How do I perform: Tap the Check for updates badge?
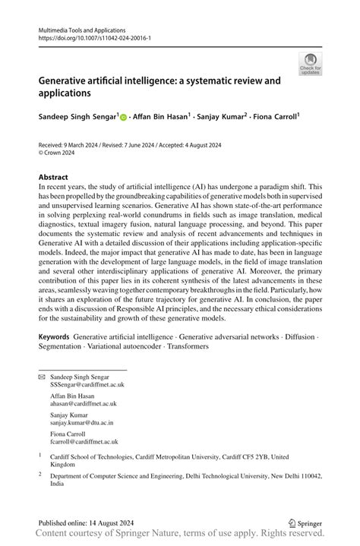coord(309,64)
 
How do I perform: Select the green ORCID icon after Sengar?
coord(124,117)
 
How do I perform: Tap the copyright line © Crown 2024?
coord(59,151)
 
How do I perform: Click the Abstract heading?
coord(53,177)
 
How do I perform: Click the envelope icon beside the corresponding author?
coord(42,377)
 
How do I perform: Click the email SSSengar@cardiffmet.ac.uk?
coord(87,385)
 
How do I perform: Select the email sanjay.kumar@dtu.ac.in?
coord(82,423)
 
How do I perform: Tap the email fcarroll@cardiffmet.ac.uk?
coord(84,441)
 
